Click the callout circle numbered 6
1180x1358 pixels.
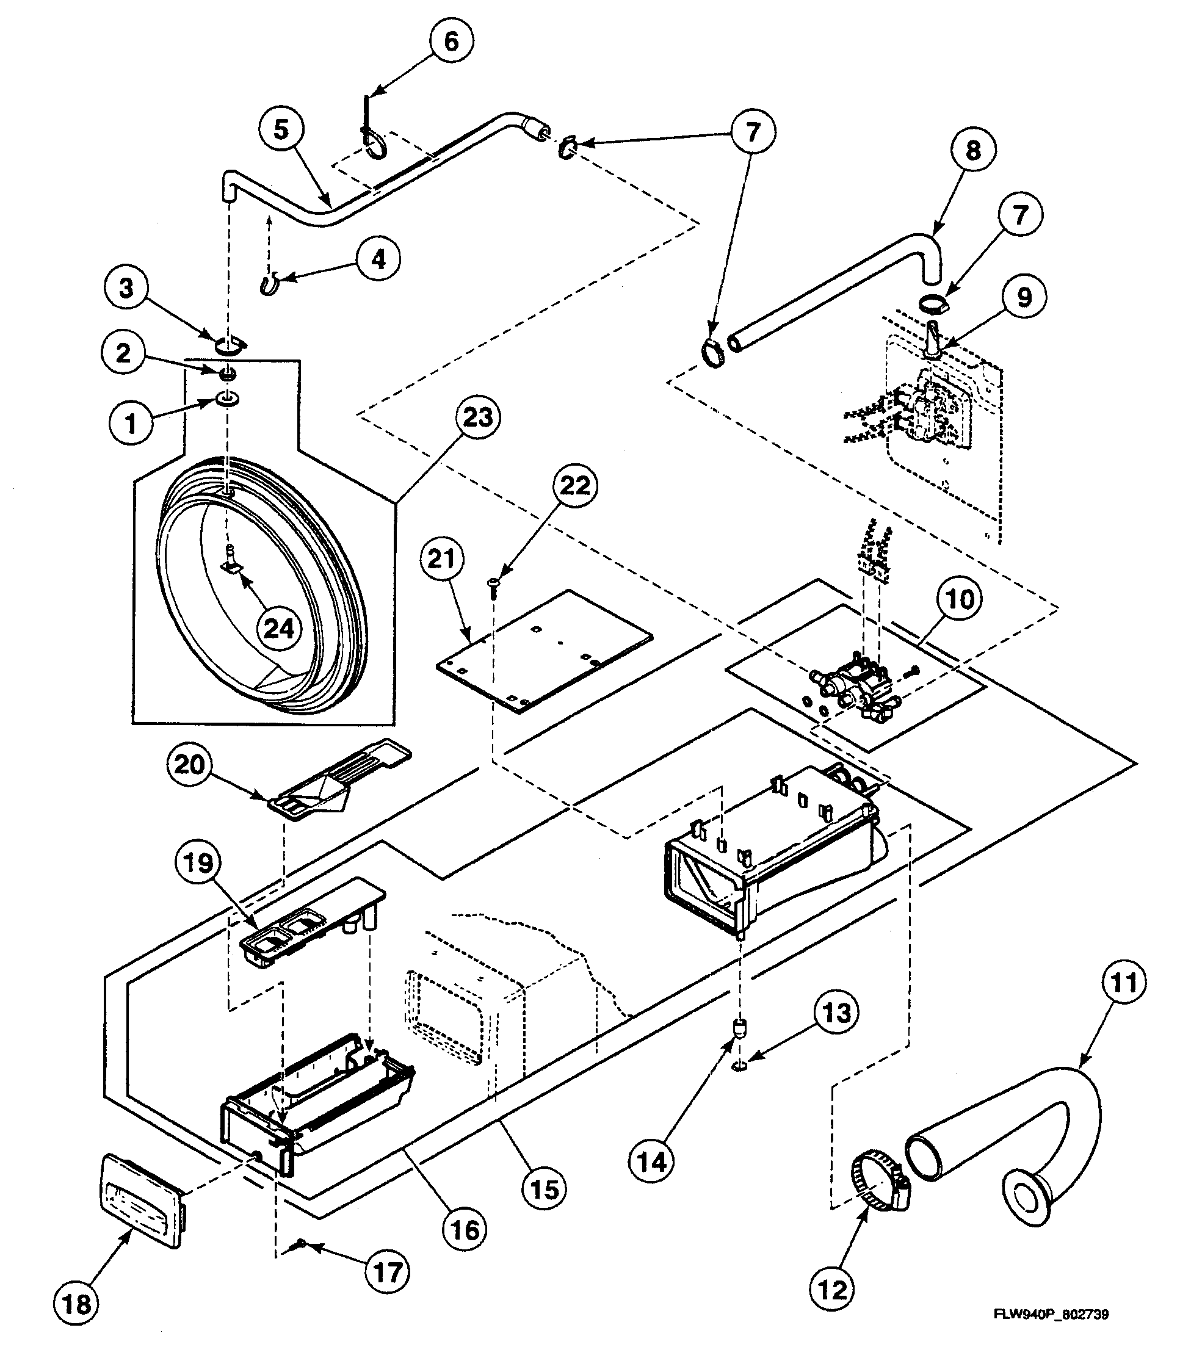[451, 41]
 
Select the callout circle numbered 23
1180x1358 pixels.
[477, 417]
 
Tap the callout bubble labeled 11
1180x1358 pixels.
[1124, 983]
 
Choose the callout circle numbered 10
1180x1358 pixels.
[960, 599]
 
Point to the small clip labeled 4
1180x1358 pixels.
[268, 284]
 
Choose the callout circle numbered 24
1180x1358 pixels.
[278, 628]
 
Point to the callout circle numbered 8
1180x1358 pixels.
[972, 150]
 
